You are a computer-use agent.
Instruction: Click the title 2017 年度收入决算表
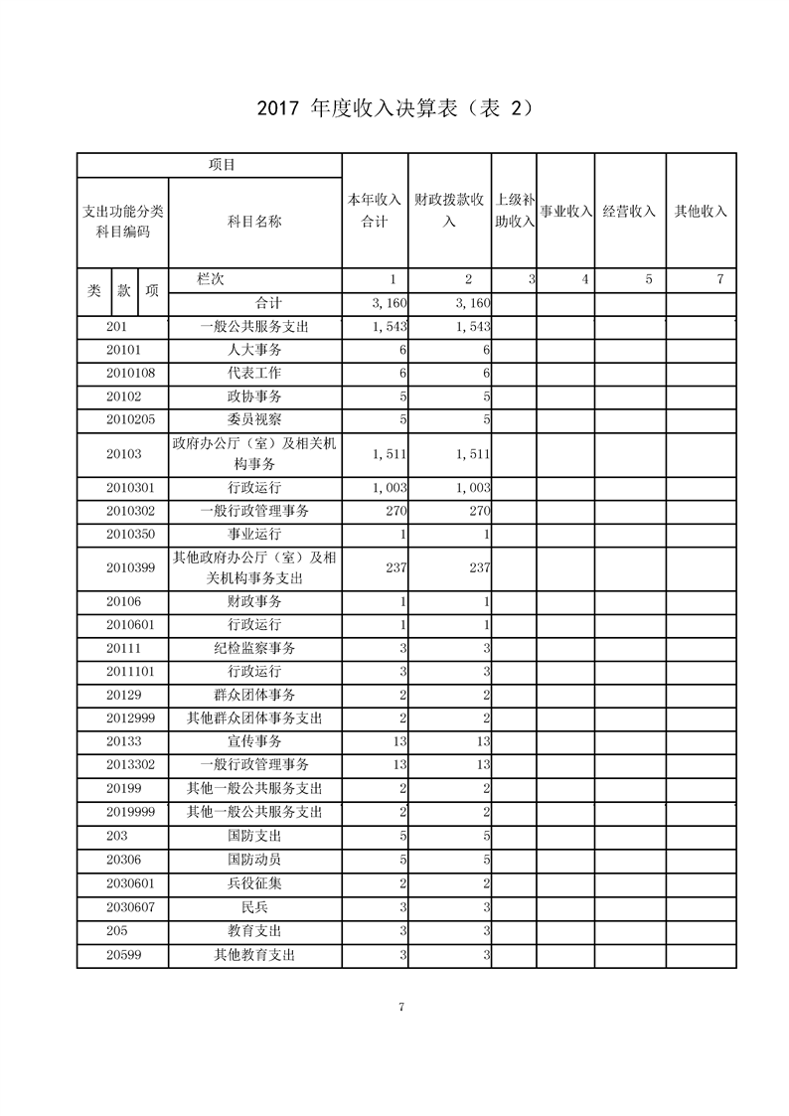[394, 107]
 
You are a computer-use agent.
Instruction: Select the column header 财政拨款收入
[449, 211]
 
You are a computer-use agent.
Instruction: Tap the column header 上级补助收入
[515, 211]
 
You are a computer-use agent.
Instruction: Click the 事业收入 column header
[565, 212]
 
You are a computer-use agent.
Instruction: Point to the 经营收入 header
[629, 212]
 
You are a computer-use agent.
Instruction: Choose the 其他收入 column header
[701, 212]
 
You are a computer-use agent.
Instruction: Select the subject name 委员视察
[254, 419]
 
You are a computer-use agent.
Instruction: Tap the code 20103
[123, 454]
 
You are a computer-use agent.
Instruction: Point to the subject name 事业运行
[254, 535]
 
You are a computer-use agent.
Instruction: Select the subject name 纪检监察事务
[254, 648]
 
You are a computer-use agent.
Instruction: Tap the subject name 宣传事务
[254, 741]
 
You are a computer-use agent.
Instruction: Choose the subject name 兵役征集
[254, 883]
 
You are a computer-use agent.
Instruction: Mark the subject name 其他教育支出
[254, 955]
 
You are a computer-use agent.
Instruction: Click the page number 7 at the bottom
[400, 1007]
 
